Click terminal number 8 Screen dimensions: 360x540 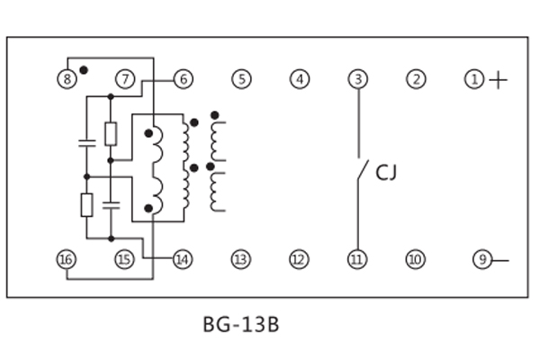[67, 79]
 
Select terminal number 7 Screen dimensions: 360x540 [125, 79]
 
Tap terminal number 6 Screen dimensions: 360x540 [183, 79]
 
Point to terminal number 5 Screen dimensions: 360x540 [240, 79]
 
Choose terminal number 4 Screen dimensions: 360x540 [299, 79]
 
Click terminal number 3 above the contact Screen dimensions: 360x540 [358, 79]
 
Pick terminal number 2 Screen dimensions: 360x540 [415, 79]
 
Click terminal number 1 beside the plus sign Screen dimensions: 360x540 [473, 80]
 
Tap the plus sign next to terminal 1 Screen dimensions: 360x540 [498, 81]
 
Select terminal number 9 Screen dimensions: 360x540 [482, 260]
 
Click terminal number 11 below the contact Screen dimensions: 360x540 [357, 260]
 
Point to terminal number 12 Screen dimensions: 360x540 [299, 260]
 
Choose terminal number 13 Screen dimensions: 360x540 [240, 260]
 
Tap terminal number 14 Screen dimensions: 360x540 [183, 260]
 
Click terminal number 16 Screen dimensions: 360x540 [67, 260]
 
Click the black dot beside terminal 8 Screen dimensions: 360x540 [84, 69]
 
